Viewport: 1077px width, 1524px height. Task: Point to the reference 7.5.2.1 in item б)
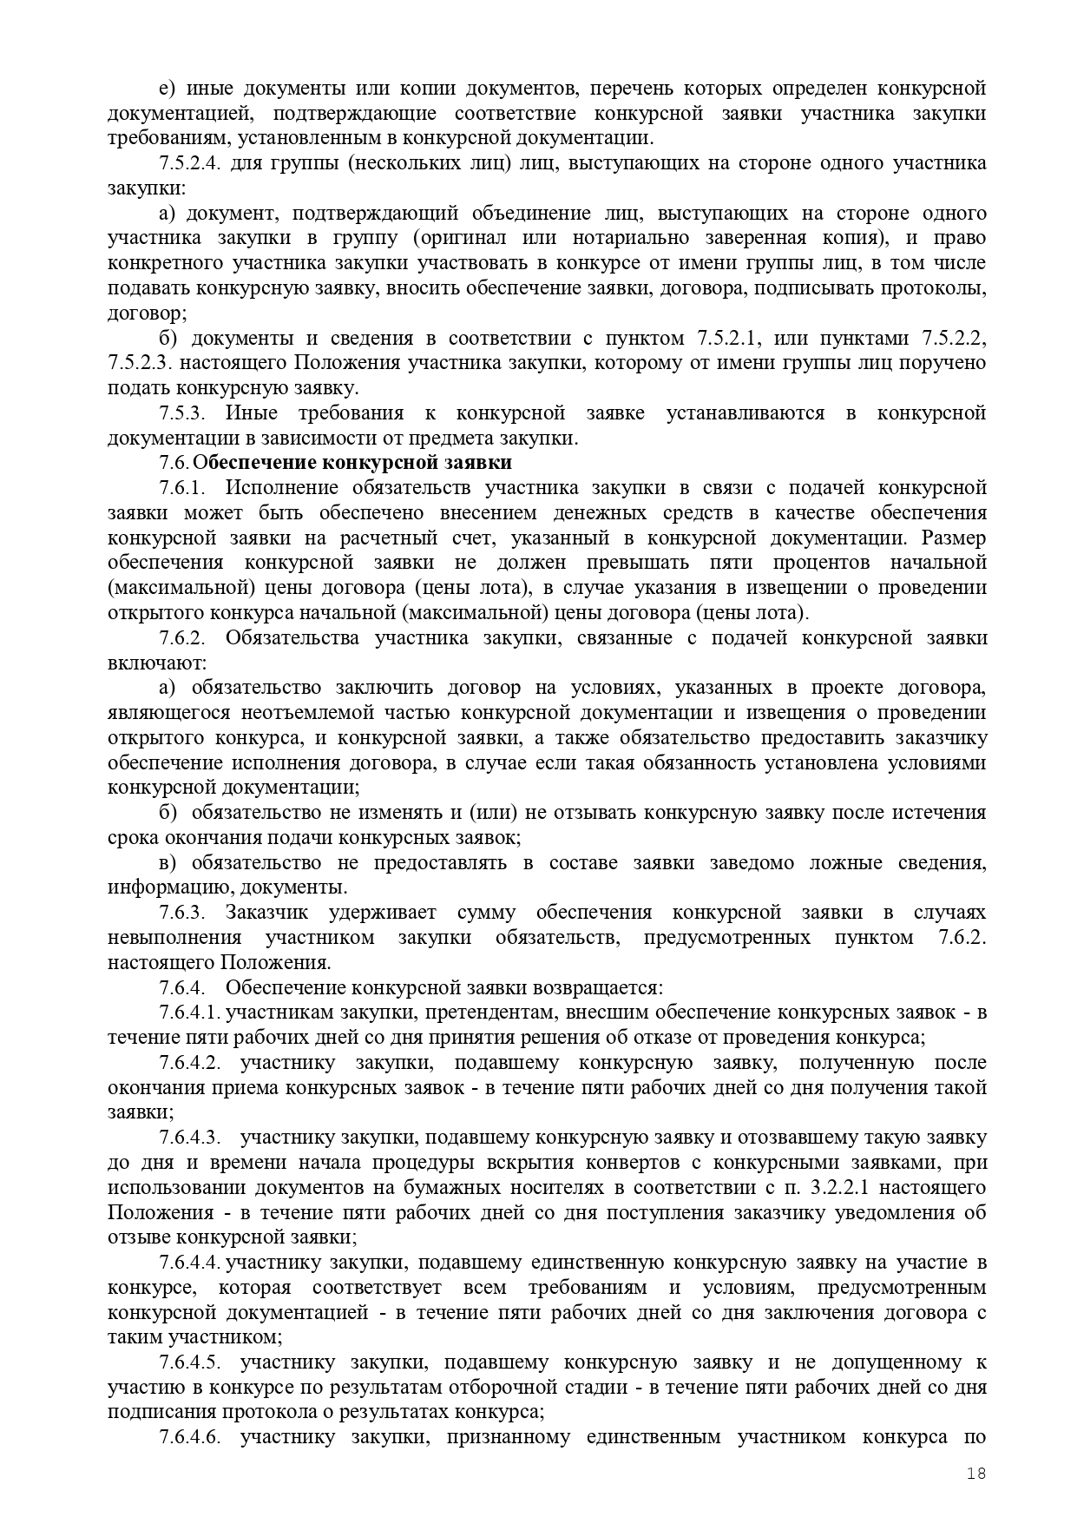(729, 338)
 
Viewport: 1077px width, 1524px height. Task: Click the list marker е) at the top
(167, 89)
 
